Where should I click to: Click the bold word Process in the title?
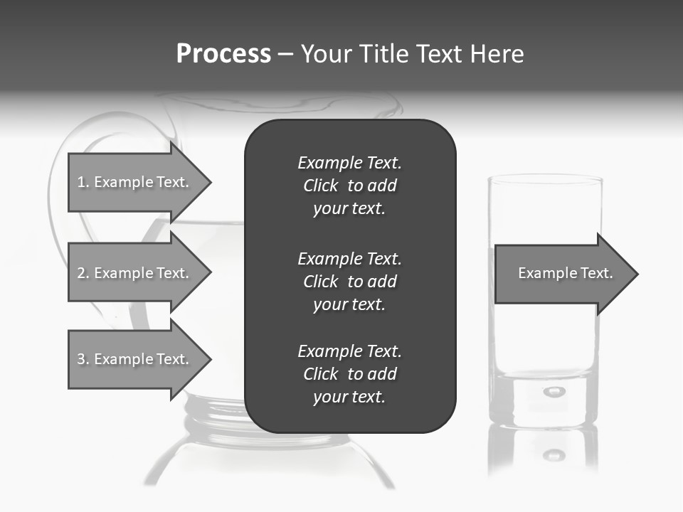[x=223, y=53]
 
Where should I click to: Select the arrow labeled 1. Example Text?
[x=135, y=182]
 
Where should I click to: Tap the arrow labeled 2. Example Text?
[x=135, y=273]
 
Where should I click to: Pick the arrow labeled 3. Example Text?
[x=135, y=359]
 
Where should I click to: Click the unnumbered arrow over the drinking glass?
[x=562, y=274]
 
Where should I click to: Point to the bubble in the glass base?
[x=554, y=391]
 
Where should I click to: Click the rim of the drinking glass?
[x=545, y=178]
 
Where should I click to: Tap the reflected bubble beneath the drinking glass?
[x=554, y=454]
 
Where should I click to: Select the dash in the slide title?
[x=286, y=54]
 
